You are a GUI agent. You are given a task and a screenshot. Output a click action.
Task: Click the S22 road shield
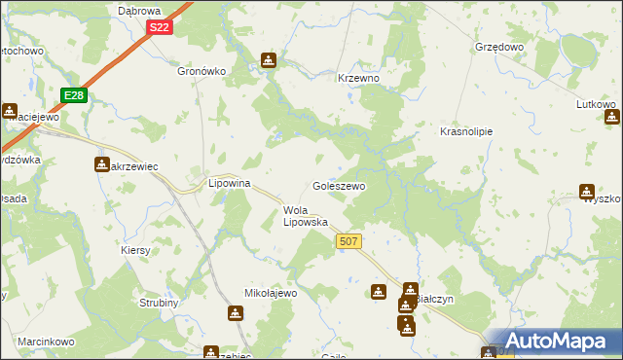(x=161, y=28)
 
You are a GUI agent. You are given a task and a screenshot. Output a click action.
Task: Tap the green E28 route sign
(x=75, y=94)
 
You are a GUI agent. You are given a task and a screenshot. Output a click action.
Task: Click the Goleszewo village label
(x=339, y=185)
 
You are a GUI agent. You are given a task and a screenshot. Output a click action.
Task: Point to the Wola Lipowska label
(x=305, y=215)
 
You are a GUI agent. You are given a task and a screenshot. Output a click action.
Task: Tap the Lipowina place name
(x=231, y=182)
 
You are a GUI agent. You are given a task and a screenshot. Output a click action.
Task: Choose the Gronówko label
(x=202, y=71)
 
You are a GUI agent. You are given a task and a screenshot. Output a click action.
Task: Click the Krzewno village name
(x=357, y=78)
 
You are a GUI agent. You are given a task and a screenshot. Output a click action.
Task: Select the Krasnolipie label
(x=466, y=130)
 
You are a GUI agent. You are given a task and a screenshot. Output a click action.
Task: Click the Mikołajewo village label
(x=270, y=292)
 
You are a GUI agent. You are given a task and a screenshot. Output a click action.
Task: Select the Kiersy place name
(x=136, y=250)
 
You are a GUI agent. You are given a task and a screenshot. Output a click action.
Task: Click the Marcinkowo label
(x=46, y=342)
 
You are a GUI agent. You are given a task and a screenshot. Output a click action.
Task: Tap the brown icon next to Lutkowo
(x=612, y=117)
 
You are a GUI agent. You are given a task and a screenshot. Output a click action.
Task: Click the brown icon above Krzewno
(x=269, y=60)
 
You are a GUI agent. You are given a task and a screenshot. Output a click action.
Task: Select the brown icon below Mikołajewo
(x=235, y=313)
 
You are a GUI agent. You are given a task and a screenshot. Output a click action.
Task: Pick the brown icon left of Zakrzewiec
(x=101, y=164)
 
